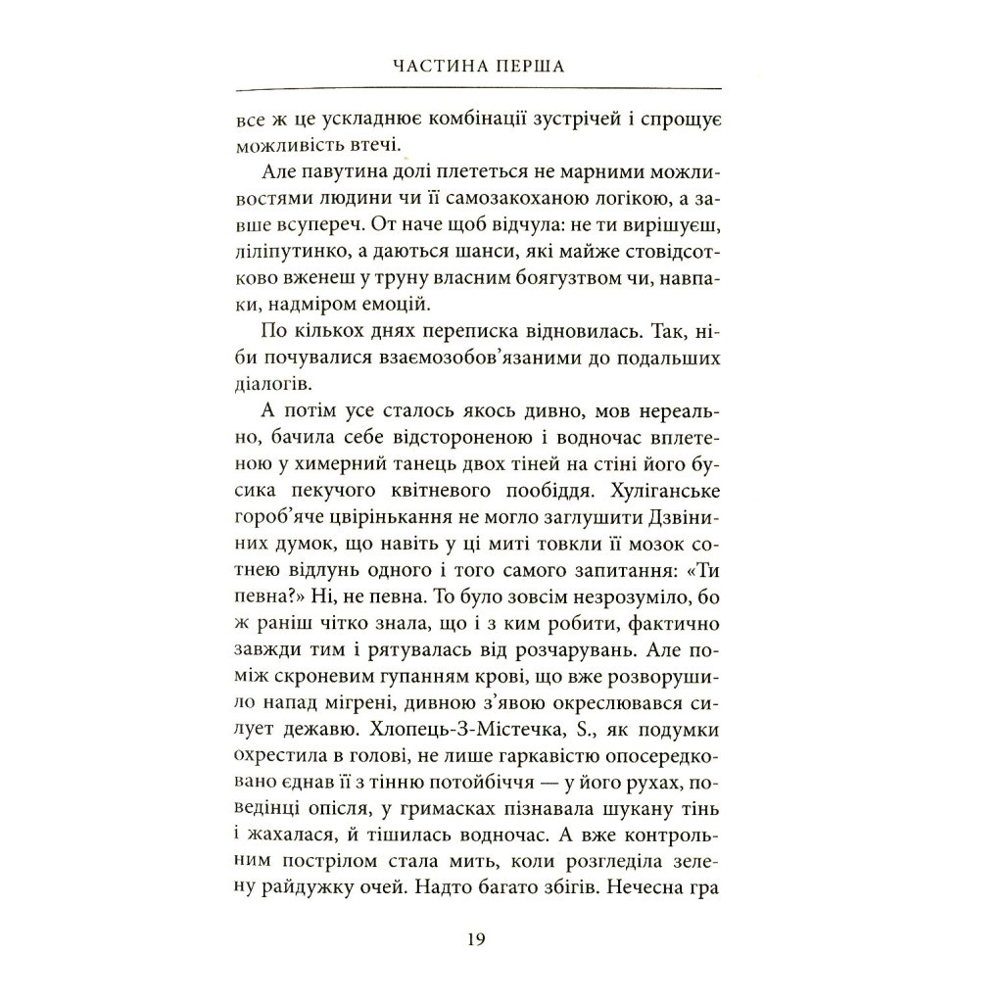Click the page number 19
pyautogui.click(x=476, y=939)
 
